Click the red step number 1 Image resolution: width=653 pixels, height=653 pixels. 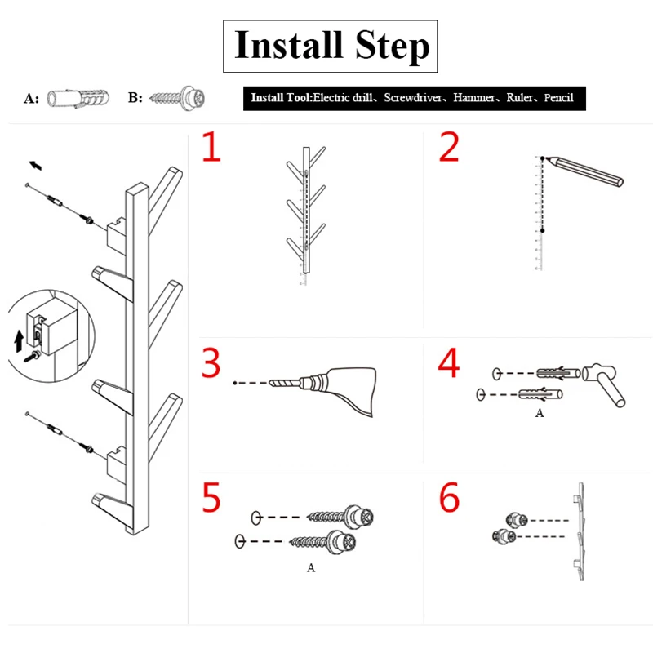[x=211, y=147]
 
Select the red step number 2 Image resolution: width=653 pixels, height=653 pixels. [x=449, y=147]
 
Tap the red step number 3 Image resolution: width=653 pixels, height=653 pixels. [x=211, y=363]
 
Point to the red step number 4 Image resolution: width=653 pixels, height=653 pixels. [x=449, y=363]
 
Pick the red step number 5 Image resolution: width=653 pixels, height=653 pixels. [x=211, y=498]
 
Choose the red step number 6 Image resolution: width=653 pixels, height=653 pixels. [x=449, y=498]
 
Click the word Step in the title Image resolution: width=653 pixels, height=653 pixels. [x=392, y=47]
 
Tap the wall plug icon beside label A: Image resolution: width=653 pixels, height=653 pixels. [x=76, y=98]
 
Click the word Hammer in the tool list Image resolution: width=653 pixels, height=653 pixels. [x=475, y=98]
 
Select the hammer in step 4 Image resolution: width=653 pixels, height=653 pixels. [x=606, y=384]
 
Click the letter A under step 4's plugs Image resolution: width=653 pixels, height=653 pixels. [x=539, y=414]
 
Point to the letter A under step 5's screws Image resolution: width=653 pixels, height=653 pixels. [x=311, y=568]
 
